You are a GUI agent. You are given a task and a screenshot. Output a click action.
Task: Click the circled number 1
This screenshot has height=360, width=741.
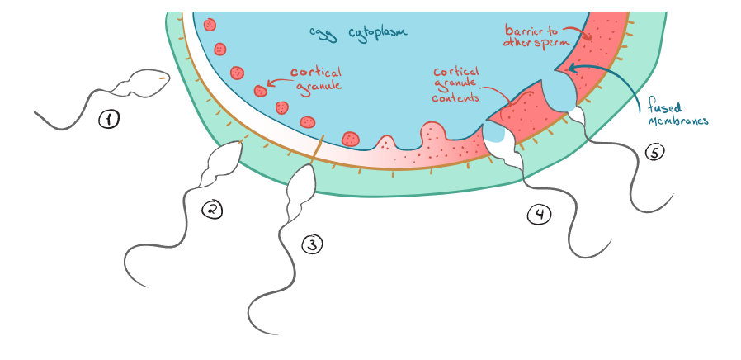coord(109,121)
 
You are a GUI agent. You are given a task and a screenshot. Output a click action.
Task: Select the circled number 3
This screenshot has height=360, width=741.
coord(312,244)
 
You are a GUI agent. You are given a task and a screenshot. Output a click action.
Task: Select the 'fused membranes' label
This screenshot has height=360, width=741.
coord(676,112)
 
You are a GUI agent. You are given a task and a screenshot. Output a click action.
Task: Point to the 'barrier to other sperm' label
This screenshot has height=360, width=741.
coord(536,36)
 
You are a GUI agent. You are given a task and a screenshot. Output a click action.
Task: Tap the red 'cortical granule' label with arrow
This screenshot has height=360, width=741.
coord(314,78)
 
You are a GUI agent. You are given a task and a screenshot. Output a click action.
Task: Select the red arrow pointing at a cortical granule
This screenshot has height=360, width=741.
coord(277,83)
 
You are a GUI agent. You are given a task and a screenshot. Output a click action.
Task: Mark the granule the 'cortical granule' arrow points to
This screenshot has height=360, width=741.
coord(261,89)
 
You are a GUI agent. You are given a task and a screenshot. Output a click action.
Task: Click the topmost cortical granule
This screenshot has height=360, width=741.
coord(210,26)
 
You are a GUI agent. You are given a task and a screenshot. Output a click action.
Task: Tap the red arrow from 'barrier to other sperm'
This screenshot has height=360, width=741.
coord(581,32)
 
